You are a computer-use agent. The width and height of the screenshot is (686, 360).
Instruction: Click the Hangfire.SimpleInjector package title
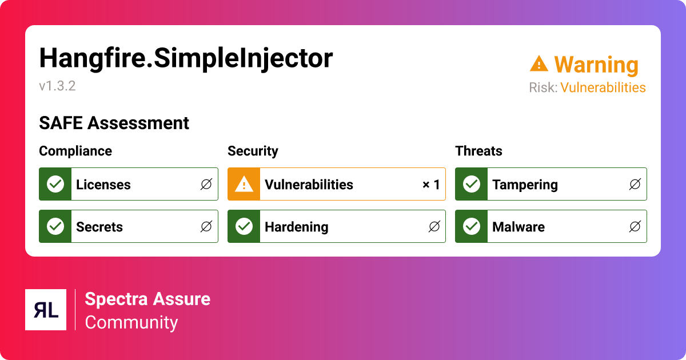[186, 58]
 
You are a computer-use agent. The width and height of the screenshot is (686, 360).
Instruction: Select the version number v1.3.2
[57, 86]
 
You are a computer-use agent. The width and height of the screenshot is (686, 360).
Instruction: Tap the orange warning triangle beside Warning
[539, 63]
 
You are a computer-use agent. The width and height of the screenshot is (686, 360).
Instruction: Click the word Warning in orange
[596, 65]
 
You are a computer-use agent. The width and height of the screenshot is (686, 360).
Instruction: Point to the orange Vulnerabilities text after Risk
[603, 87]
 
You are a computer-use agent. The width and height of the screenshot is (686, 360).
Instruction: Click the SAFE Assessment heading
[114, 123]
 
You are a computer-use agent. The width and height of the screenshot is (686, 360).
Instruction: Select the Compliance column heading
[75, 151]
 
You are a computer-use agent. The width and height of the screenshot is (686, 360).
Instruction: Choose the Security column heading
[253, 151]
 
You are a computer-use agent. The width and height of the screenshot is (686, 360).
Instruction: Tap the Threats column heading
[478, 151]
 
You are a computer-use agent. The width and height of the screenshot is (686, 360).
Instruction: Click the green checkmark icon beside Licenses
[55, 184]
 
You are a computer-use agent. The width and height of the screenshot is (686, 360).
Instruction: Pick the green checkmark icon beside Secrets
[55, 226]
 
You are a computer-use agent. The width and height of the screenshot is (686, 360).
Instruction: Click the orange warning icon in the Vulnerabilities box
[244, 184]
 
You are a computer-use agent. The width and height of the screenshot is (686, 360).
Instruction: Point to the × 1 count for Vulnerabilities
[431, 185]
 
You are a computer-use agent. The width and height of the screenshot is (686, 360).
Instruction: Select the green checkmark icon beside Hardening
[244, 226]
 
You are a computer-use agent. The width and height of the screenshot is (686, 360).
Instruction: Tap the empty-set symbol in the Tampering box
[635, 184]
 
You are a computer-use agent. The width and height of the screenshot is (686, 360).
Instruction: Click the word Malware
[519, 227]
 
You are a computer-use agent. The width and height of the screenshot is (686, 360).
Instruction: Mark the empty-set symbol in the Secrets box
[206, 226]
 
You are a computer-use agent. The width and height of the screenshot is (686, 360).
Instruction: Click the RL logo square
[46, 310]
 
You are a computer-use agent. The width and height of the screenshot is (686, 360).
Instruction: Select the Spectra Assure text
[147, 299]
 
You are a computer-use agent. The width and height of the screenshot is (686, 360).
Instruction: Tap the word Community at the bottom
[131, 322]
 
